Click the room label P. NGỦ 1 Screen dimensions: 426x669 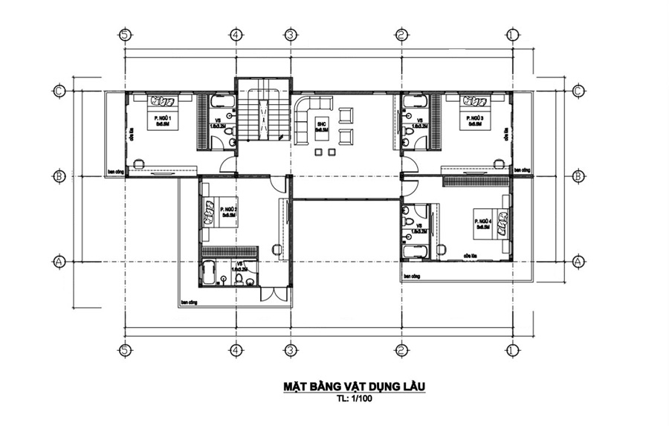163,118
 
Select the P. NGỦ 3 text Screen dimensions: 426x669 476,118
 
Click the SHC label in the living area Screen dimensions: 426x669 321,123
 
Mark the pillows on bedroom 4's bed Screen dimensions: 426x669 503,221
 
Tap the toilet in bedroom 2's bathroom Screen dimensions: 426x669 240,279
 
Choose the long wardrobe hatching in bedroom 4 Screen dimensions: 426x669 476,181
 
